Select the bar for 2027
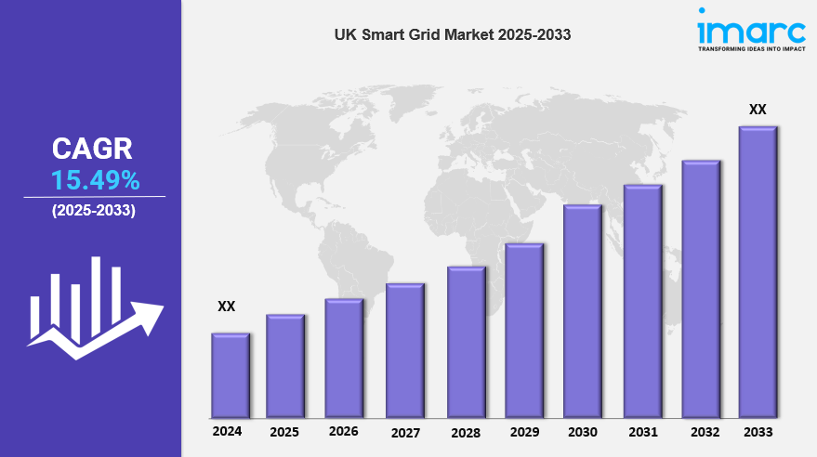click(405, 350)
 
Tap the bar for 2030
click(583, 311)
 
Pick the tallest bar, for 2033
click(758, 271)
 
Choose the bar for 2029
click(524, 330)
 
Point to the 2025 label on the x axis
click(284, 432)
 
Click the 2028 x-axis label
click(466, 433)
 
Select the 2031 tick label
click(642, 432)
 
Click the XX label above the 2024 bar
click(226, 306)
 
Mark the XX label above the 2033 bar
click(758, 110)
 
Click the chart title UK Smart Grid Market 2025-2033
click(453, 34)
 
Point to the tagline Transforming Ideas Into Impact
click(751, 48)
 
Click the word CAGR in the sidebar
click(92, 148)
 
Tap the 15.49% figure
click(95, 179)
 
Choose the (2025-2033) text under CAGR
click(94, 211)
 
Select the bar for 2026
click(344, 358)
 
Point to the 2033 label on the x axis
click(758, 432)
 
